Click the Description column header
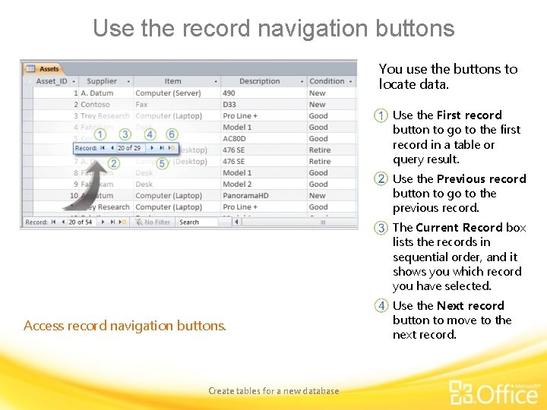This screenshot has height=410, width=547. tap(259, 81)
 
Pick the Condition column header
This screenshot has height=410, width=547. tap(327, 81)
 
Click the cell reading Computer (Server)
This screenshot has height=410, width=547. tap(168, 93)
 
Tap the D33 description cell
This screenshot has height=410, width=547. tap(229, 105)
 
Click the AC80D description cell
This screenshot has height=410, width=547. tap(233, 139)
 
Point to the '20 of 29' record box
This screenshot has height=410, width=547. tap(130, 148)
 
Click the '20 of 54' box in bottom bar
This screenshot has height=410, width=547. tap(81, 222)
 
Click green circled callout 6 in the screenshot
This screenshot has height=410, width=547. tap(172, 134)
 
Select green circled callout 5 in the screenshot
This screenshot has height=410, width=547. tap(162, 163)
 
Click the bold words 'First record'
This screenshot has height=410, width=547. tap(469, 115)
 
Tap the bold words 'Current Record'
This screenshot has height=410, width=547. tap(459, 228)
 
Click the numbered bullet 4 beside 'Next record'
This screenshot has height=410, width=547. tap(381, 306)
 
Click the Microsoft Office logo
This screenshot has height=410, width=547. tap(494, 393)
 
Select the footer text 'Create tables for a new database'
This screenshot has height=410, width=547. tap(273, 391)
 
